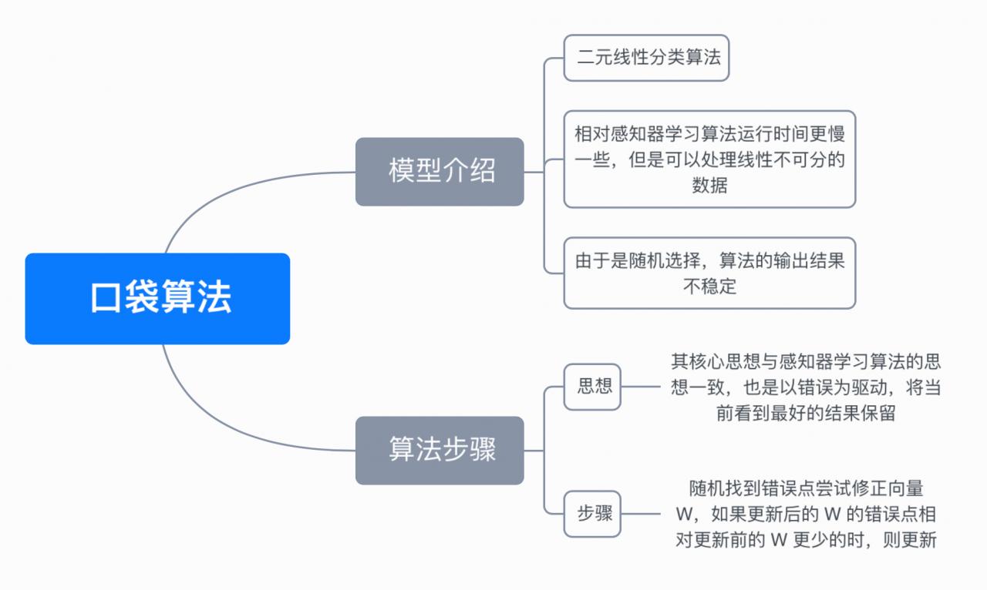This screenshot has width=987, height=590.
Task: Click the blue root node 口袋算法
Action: click(157, 299)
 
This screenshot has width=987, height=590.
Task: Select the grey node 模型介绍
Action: click(440, 172)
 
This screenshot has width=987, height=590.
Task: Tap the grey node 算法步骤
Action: click(440, 451)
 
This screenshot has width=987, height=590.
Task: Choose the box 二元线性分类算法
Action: click(646, 58)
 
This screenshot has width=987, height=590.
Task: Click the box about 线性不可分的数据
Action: click(709, 159)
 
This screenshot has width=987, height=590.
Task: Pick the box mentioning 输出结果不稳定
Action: click(709, 273)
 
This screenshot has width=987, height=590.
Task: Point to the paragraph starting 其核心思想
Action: click(806, 387)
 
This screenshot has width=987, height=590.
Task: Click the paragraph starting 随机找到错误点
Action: click(806, 514)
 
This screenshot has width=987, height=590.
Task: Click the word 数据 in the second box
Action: click(709, 186)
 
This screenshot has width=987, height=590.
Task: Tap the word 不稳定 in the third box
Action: click(709, 287)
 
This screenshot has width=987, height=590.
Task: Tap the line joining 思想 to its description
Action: click(642, 387)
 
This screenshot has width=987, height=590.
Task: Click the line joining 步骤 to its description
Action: click(642, 514)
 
